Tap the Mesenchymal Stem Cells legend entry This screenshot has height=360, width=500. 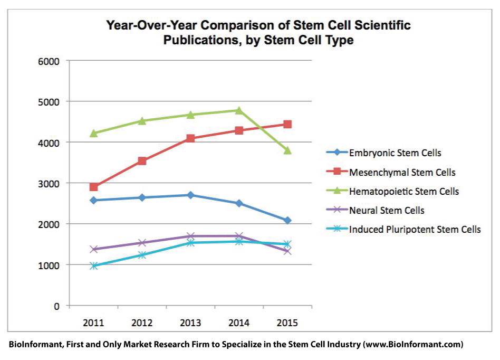402,172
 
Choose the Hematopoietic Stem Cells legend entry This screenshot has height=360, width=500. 404,191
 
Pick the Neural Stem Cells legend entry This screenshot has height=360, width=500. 387,210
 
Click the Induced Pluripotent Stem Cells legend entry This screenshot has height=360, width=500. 415,229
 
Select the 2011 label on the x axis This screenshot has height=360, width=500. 93,323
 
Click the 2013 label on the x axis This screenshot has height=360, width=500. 190,323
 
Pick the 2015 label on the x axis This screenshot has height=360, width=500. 287,323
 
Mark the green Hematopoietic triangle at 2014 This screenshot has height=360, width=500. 239,110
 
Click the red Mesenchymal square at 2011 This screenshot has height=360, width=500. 93,187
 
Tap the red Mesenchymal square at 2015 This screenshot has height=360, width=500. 287,124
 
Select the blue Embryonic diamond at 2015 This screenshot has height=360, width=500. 287,220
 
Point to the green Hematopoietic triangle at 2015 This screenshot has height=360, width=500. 287,150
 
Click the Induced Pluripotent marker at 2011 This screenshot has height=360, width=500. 93,266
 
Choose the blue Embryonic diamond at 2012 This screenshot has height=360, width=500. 142,197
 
